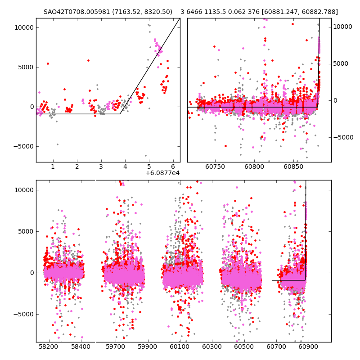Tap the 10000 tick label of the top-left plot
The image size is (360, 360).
24,27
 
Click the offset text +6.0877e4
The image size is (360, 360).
162,173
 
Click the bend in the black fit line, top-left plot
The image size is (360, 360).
120,114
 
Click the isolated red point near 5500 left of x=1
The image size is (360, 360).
48,63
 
